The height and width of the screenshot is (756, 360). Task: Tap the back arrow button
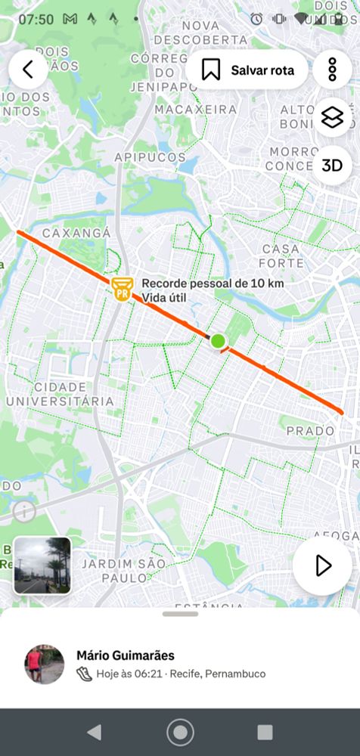[29, 70]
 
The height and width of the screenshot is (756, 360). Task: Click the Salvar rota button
[247, 70]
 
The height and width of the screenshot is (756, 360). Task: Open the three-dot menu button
[332, 70]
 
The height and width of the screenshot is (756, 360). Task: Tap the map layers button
[332, 118]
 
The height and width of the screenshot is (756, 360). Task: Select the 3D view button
[332, 166]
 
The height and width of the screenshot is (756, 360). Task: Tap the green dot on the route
[218, 341]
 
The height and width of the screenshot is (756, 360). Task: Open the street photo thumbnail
[42, 565]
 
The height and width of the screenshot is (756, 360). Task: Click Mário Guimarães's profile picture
[45, 665]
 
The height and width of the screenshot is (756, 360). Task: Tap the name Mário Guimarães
[125, 655]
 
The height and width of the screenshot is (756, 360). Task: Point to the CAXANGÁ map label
[76, 233]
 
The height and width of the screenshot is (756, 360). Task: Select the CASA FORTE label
[282, 256]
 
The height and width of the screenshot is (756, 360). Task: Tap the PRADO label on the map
[311, 431]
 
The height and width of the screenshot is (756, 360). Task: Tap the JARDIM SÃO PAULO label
[123, 571]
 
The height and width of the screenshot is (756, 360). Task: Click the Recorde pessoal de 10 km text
[213, 283]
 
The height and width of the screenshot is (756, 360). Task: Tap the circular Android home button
[180, 732]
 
